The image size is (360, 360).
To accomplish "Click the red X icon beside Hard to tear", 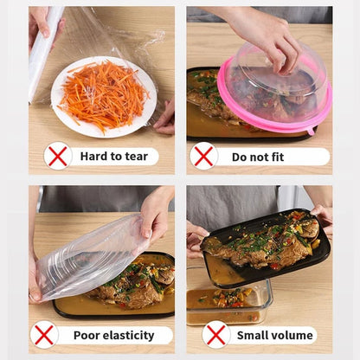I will coord(58,156).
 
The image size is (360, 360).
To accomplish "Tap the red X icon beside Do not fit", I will coord(204,156).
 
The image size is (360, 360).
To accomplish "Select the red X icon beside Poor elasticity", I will coord(43,335).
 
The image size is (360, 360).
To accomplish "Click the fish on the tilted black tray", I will coord(260,238).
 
